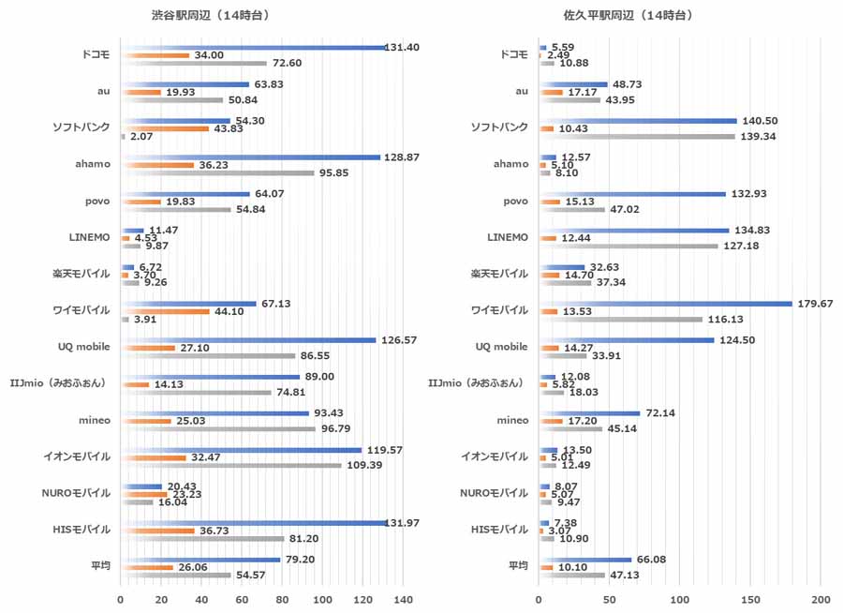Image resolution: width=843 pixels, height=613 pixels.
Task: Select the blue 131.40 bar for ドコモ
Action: (x=253, y=47)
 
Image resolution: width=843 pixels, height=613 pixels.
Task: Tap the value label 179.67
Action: (x=812, y=303)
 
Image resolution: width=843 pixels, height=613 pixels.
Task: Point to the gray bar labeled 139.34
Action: (x=637, y=137)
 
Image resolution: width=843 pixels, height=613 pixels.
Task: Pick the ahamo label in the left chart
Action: (x=92, y=164)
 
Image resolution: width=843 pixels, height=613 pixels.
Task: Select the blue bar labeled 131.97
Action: (x=254, y=522)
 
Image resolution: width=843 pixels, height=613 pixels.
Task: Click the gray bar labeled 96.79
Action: (x=218, y=428)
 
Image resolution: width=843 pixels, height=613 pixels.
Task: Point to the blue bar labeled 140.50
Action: (x=638, y=121)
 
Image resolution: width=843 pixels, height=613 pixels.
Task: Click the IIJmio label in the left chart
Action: (x=75, y=383)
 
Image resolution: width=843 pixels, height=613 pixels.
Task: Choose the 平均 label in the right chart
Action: (x=518, y=565)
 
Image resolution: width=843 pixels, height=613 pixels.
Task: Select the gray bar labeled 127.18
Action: (x=629, y=247)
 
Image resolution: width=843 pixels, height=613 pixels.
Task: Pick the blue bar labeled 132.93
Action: (x=632, y=194)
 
